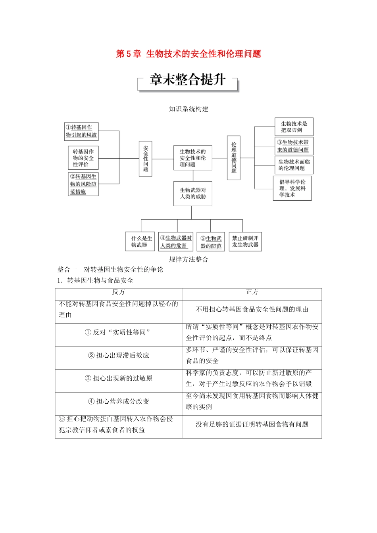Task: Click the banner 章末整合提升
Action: tap(188, 80)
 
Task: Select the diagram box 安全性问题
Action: tap(146, 158)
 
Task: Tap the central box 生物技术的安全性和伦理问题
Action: tap(192, 158)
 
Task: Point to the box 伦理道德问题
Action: tap(234, 158)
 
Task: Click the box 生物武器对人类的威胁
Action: tap(193, 194)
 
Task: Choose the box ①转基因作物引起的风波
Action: tap(81, 131)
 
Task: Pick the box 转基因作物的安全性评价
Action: tap(83, 158)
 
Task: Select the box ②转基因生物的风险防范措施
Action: tap(83, 184)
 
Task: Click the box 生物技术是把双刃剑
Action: tap(294, 127)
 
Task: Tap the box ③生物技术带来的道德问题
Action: tap(294, 146)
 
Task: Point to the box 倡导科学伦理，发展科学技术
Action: tap(292, 188)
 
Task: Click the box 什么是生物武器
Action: tap(142, 242)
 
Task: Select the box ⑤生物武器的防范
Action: tap(211, 242)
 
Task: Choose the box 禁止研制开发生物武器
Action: tap(245, 242)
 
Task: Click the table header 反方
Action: tap(118, 292)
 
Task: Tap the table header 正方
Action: tap(252, 292)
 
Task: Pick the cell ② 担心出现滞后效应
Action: tap(118, 355)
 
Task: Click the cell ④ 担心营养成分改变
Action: tap(118, 401)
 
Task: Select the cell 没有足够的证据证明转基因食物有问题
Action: tap(252, 424)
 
